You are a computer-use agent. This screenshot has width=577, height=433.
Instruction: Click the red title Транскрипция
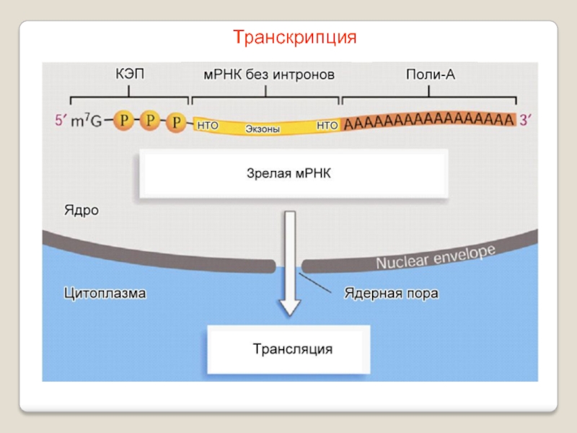295,38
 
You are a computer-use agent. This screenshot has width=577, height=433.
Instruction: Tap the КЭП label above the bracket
130,74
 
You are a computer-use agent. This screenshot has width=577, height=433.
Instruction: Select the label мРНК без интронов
269,75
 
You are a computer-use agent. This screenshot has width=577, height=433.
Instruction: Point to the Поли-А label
431,75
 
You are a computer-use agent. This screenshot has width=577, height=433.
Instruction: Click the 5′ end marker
61,120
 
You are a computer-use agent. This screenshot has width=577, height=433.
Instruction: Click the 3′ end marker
526,120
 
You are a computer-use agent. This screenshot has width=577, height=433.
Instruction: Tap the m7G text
87,121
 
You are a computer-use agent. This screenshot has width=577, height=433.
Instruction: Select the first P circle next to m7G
124,120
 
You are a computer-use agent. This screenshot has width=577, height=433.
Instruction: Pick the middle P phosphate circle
150,120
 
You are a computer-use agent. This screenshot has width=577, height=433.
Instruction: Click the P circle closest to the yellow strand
176,122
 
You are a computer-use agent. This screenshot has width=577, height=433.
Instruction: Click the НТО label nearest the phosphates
208,126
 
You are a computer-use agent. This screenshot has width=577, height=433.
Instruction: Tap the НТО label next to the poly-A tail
327,126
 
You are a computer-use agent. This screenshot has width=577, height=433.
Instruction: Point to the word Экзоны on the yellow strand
263,129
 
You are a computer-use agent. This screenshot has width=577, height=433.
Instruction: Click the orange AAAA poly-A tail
428,121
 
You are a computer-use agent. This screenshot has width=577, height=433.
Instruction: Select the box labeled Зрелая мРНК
294,173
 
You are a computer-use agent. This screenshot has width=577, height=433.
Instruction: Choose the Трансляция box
288,349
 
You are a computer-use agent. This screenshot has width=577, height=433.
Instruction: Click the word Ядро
82,210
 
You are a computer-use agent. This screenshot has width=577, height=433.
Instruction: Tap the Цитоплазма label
105,294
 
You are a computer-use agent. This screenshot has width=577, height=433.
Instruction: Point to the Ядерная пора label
391,294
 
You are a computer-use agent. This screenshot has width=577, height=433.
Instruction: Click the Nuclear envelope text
436,257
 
